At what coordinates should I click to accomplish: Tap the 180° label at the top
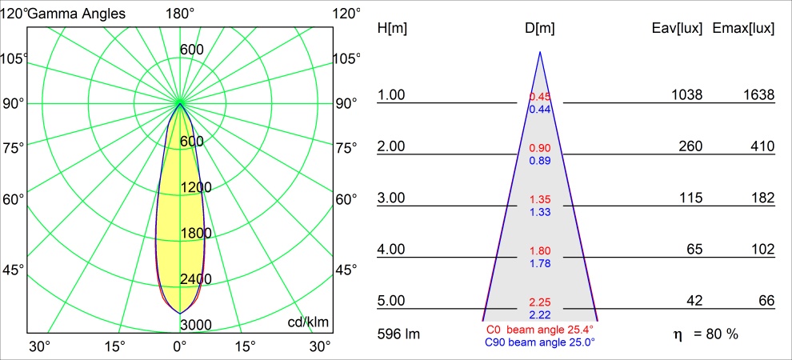tap(180, 14)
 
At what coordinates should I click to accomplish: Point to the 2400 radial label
tap(196, 278)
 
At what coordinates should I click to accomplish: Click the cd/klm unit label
tap(308, 322)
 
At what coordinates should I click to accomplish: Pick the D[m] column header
tap(540, 29)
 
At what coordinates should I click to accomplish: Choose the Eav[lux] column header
tap(677, 29)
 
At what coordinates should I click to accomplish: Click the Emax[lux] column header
tap(743, 29)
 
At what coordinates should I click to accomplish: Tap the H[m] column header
tap(392, 29)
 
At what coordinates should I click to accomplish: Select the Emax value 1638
tap(758, 95)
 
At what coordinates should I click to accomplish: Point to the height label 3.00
tap(392, 198)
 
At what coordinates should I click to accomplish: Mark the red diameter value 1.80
tap(540, 251)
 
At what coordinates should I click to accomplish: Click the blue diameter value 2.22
tap(540, 314)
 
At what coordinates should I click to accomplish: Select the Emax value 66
tap(766, 302)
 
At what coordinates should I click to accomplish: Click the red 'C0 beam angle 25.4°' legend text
tap(540, 330)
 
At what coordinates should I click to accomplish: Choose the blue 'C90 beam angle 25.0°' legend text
tap(540, 342)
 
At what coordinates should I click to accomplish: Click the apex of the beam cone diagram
tap(540, 53)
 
